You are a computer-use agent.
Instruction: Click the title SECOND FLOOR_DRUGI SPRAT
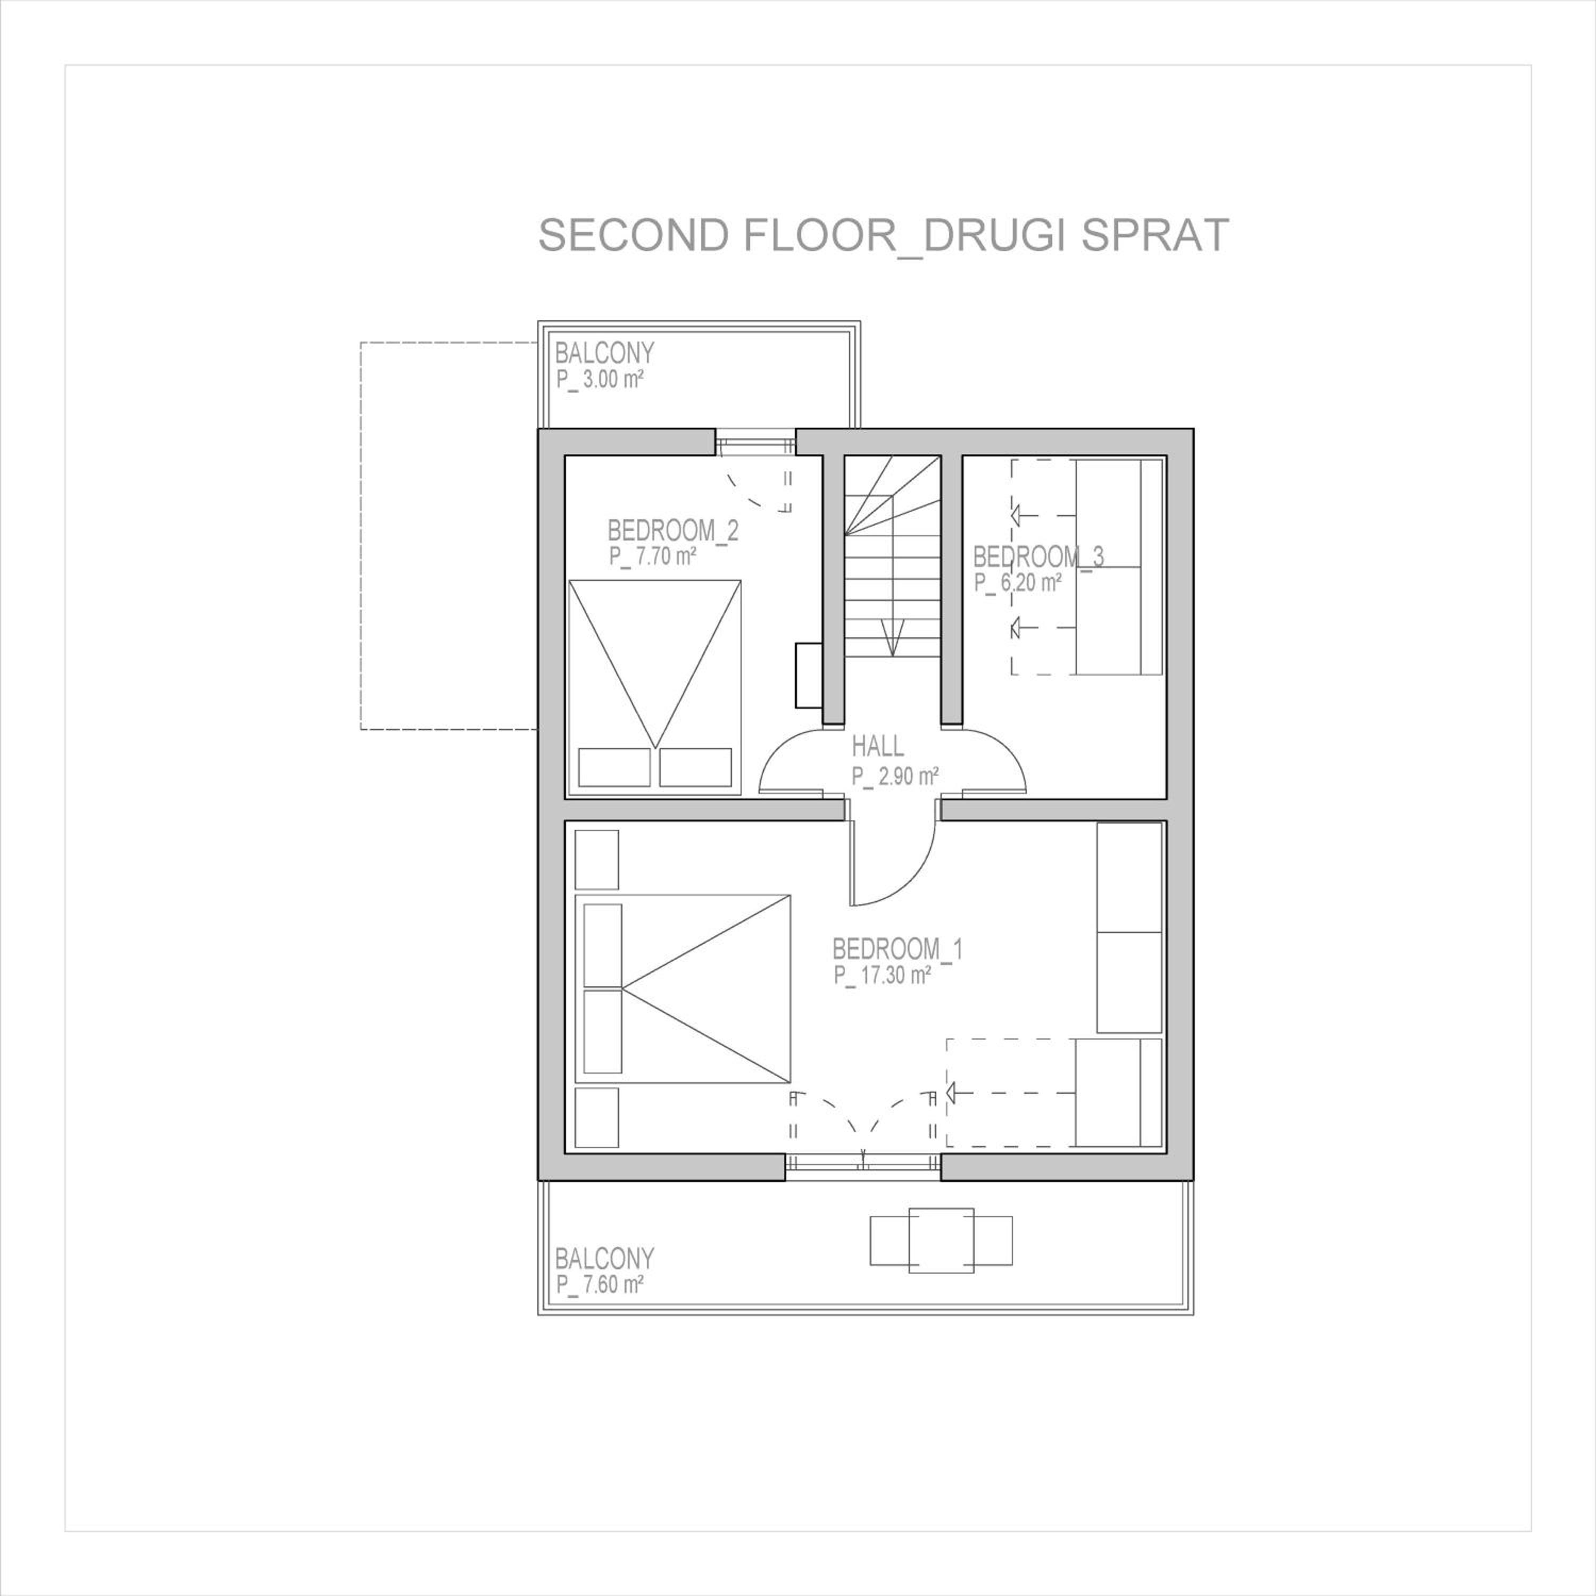click(883, 236)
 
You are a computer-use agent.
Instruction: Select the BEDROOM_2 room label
click(672, 530)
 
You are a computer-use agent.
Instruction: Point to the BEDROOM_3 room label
click(1038, 557)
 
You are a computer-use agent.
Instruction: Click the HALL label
click(878, 747)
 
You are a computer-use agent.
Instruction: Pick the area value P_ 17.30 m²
click(882, 976)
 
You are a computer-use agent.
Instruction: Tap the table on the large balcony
click(941, 1241)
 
